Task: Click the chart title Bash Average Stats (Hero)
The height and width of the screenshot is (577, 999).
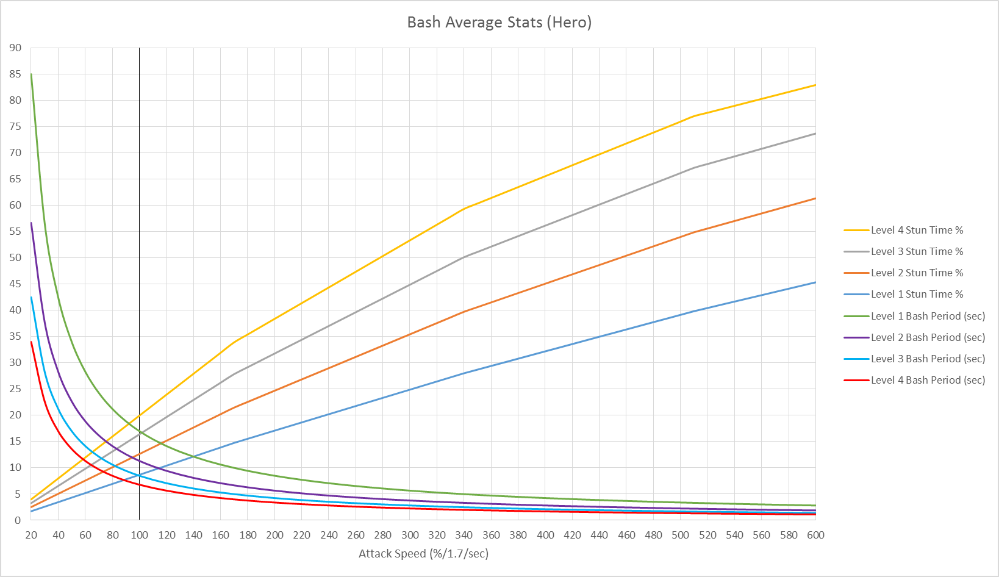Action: (499, 23)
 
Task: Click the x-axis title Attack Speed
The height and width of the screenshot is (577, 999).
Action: (423, 554)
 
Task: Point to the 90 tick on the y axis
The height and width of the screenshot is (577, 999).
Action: (15, 48)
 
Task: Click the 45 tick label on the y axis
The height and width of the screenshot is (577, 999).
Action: (15, 284)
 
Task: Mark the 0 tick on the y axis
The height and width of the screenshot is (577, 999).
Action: (18, 520)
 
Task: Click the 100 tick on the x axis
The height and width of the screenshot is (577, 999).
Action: (140, 535)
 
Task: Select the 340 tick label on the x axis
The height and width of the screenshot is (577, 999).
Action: (464, 535)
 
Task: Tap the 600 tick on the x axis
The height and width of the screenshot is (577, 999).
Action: (815, 535)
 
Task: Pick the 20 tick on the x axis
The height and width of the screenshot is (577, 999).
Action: (31, 535)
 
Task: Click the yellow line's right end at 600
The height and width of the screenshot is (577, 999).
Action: (815, 85)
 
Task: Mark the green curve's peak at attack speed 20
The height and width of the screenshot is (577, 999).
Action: (31, 74)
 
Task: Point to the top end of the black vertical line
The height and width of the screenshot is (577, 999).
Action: (140, 48)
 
